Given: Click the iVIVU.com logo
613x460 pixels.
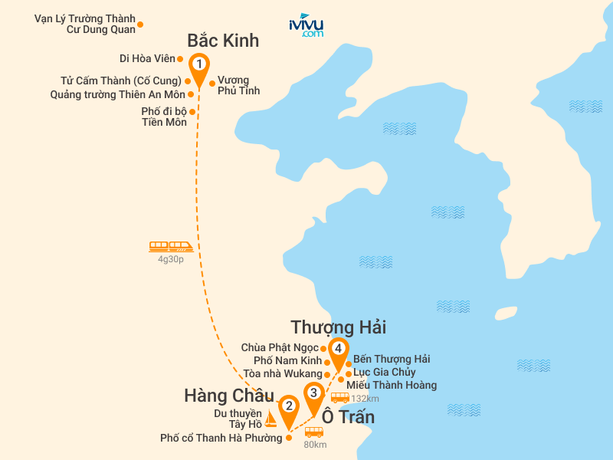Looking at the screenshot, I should pos(306,25).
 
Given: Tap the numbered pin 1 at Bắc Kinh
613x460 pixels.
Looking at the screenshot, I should pos(199,64).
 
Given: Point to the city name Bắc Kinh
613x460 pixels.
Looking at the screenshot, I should pos(223,41).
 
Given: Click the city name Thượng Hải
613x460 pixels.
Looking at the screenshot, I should pos(338,327).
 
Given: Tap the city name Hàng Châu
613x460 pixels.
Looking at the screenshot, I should pos(228,396).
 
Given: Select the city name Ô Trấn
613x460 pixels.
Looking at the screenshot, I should pos(348,417).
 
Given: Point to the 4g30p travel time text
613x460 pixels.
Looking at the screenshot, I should pos(171,259).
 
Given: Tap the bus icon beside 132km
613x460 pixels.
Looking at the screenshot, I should pos(339,397).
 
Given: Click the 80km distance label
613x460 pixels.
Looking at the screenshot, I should pos(315,444).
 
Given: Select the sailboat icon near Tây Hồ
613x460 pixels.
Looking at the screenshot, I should pos(270,419).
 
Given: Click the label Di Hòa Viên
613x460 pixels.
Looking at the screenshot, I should pos(147,58).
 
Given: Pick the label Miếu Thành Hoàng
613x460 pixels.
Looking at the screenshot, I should pos(392,385).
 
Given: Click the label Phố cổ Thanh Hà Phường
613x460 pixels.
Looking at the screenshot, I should pos(221,439).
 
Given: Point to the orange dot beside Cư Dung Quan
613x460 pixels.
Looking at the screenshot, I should pos(140,24).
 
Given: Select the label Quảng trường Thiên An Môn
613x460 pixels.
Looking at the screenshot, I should pos(117,95).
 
